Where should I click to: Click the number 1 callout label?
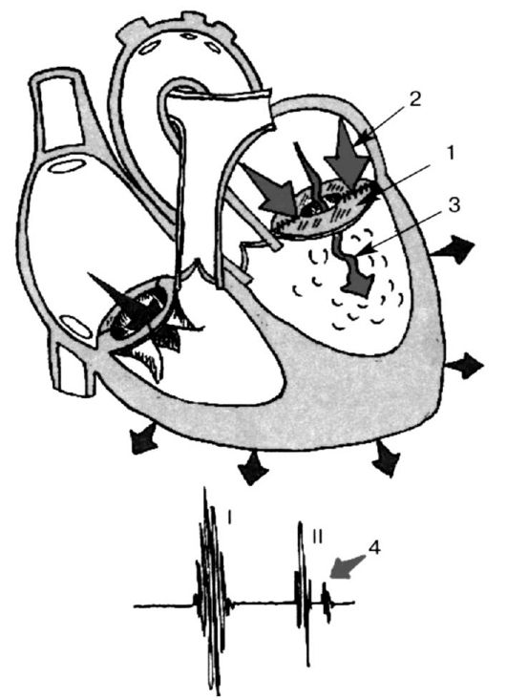pyautogui.click(x=450, y=153)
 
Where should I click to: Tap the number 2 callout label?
pyautogui.click(x=414, y=99)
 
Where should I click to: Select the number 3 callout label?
pyautogui.click(x=453, y=205)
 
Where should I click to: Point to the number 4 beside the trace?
pyautogui.click(x=374, y=547)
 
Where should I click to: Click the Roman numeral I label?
pyautogui.click(x=229, y=517)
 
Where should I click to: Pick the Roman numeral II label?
pyautogui.click(x=317, y=537)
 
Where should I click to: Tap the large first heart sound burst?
pyautogui.click(x=212, y=589)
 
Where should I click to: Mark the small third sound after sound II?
pyautogui.click(x=327, y=601)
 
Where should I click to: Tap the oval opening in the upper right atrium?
pyautogui.click(x=68, y=166)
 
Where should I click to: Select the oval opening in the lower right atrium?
pyautogui.click(x=75, y=326)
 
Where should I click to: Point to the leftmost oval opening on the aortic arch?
pyautogui.click(x=150, y=47)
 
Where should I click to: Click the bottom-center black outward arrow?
pyautogui.click(x=253, y=468)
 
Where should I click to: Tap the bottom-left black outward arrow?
pyautogui.click(x=144, y=437)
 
